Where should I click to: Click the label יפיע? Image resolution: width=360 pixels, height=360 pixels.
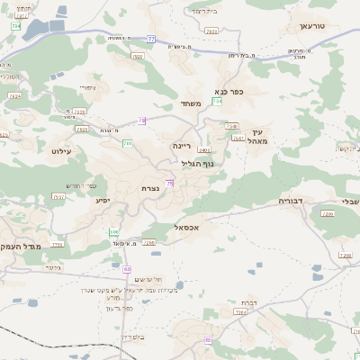pyautogui.click(x=103, y=200)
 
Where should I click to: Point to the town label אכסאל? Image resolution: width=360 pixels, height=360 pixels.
pyautogui.click(x=167, y=228)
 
